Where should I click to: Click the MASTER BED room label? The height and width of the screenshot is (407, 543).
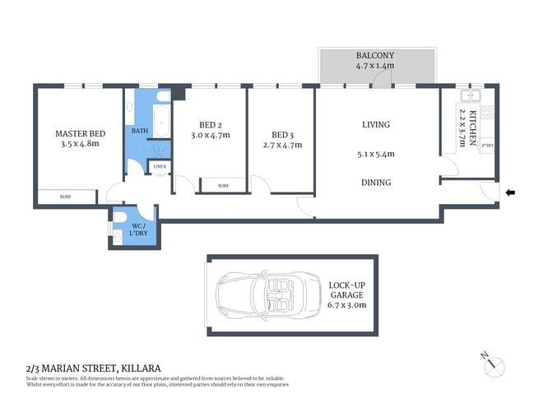tap(80, 133)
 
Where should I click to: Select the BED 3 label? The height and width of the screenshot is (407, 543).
tap(282, 135)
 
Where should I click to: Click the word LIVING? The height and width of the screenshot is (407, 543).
tap(375, 125)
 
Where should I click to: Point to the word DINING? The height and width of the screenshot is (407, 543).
tap(375, 183)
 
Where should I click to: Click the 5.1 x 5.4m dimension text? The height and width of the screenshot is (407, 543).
tap(375, 154)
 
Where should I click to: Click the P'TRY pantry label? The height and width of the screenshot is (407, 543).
tap(486, 148)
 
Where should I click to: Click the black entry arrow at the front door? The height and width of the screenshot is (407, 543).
tap(510, 193)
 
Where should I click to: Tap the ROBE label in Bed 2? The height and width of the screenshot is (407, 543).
tap(224, 186)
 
